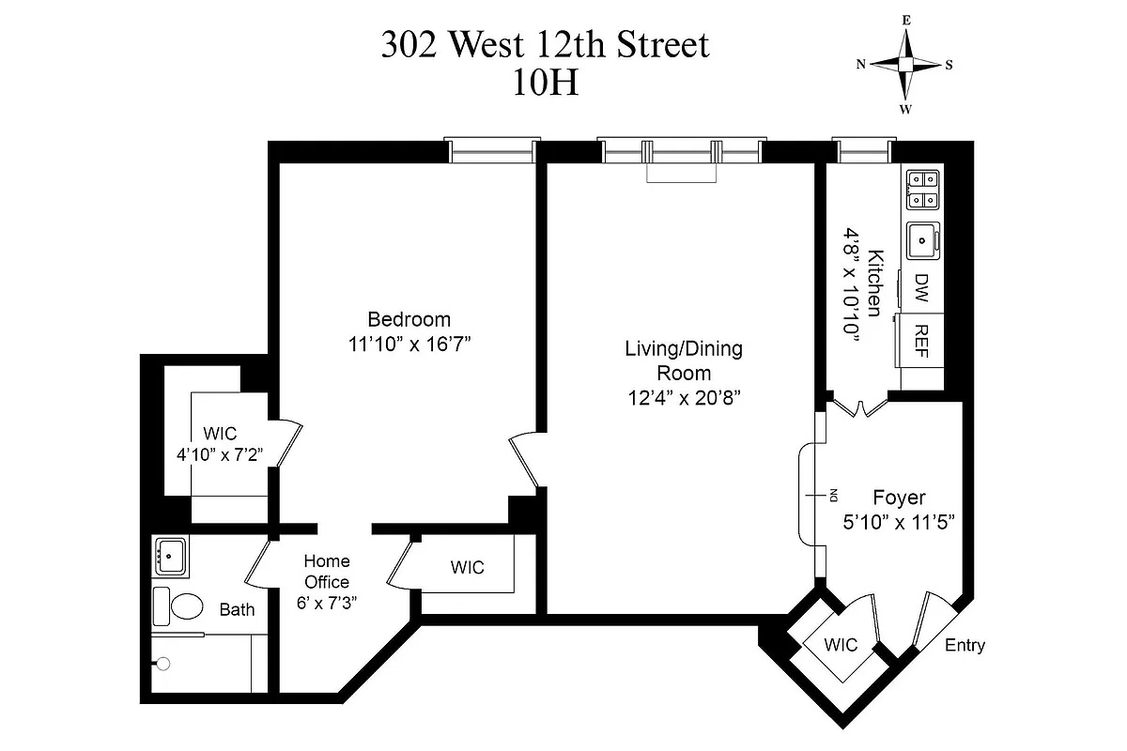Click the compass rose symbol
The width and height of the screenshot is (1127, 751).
905,64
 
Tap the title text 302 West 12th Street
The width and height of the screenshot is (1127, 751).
544,45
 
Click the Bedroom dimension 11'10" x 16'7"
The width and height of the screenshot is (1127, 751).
409,344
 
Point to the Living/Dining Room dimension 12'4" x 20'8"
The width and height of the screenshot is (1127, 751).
684,397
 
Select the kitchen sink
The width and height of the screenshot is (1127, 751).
923,240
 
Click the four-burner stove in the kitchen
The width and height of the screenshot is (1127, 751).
922,189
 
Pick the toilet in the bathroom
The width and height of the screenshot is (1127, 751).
178,606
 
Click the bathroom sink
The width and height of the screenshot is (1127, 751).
171,556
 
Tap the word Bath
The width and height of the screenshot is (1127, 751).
237,609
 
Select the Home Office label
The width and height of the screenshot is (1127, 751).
326,572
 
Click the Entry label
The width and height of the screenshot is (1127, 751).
965,646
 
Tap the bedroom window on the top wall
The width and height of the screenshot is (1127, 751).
493,151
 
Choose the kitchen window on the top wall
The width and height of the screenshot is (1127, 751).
861,150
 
